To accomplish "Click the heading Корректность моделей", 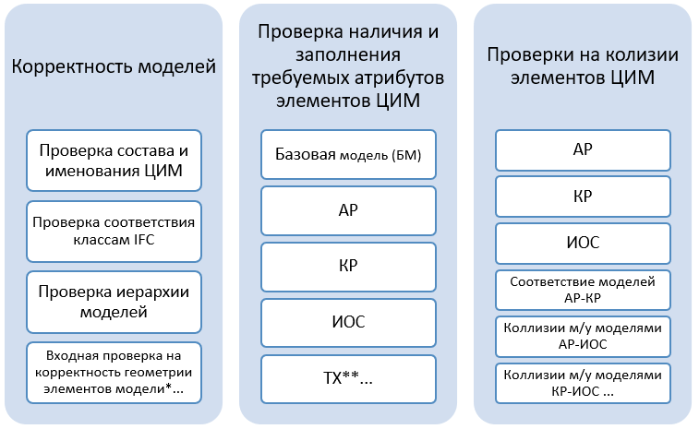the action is [114, 66].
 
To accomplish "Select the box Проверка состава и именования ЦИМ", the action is [114, 161].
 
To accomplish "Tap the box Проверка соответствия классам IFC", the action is [114, 232].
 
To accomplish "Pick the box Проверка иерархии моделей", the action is [114, 302].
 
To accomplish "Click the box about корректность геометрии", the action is [114, 373].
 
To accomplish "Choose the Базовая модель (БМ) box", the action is [348, 155].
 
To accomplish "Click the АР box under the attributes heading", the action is [348, 210].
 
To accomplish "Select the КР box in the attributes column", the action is [348, 267].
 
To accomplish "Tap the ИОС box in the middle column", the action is [348, 323].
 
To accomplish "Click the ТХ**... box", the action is [348, 379].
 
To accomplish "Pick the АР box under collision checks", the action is [583, 150].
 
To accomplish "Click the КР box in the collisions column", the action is [583, 197].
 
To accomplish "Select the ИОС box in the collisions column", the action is [583, 244].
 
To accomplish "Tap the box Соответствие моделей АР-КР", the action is [583, 290].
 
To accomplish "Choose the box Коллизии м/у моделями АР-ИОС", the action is [583, 337].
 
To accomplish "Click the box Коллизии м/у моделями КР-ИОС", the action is [583, 383].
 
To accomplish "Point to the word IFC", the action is [144, 240].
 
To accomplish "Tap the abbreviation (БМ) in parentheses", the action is [406, 156].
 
